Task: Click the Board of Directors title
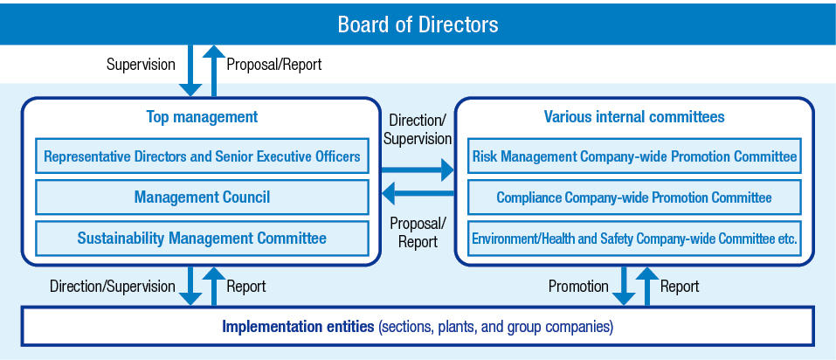pos(418,24)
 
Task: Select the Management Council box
pos(202,197)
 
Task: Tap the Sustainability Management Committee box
pos(202,238)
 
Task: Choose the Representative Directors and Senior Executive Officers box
pos(202,156)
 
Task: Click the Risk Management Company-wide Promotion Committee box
pos(634,156)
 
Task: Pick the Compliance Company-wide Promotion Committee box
pos(634,197)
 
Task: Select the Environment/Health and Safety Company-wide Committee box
pos(634,238)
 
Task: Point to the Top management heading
pos(202,117)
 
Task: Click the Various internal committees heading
pos(634,117)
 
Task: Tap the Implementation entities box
pos(418,326)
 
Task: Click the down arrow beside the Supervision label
pos(190,71)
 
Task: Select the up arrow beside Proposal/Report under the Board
pos(214,71)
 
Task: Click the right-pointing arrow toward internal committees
pos(417,170)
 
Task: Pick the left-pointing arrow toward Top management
pos(417,193)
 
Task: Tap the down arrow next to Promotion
pos(623,286)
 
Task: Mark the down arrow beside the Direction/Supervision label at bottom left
pos(190,286)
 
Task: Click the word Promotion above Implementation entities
pos(578,287)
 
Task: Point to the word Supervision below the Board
pos(141,65)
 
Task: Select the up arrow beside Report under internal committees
pos(646,286)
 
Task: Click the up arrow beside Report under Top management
pos(214,286)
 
